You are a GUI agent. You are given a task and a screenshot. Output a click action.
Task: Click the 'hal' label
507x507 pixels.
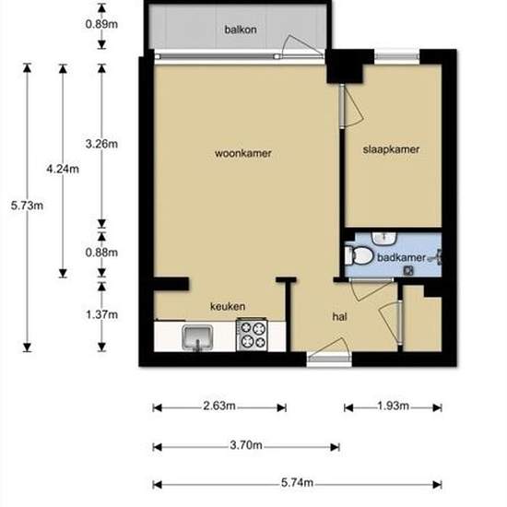pos(339,316)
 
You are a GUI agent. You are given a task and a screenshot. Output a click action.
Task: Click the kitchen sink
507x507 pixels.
pos(197,338)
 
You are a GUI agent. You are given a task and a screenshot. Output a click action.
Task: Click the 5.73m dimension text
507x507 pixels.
pos(27,206)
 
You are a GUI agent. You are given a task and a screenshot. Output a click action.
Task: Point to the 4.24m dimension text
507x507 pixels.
pos(63,169)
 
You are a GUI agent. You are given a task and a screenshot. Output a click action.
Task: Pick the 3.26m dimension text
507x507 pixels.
pos(100,144)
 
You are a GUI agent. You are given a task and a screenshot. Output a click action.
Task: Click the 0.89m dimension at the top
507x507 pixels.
pos(100,24)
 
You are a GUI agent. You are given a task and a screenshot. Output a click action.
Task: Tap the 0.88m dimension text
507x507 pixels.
pos(100,252)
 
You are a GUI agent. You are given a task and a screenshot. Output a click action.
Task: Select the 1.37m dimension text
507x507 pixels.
pos(100,314)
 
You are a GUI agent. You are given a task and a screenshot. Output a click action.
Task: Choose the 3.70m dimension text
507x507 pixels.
pos(246,445)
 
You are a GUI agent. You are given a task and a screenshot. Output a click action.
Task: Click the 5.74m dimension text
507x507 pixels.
pos(297,484)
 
